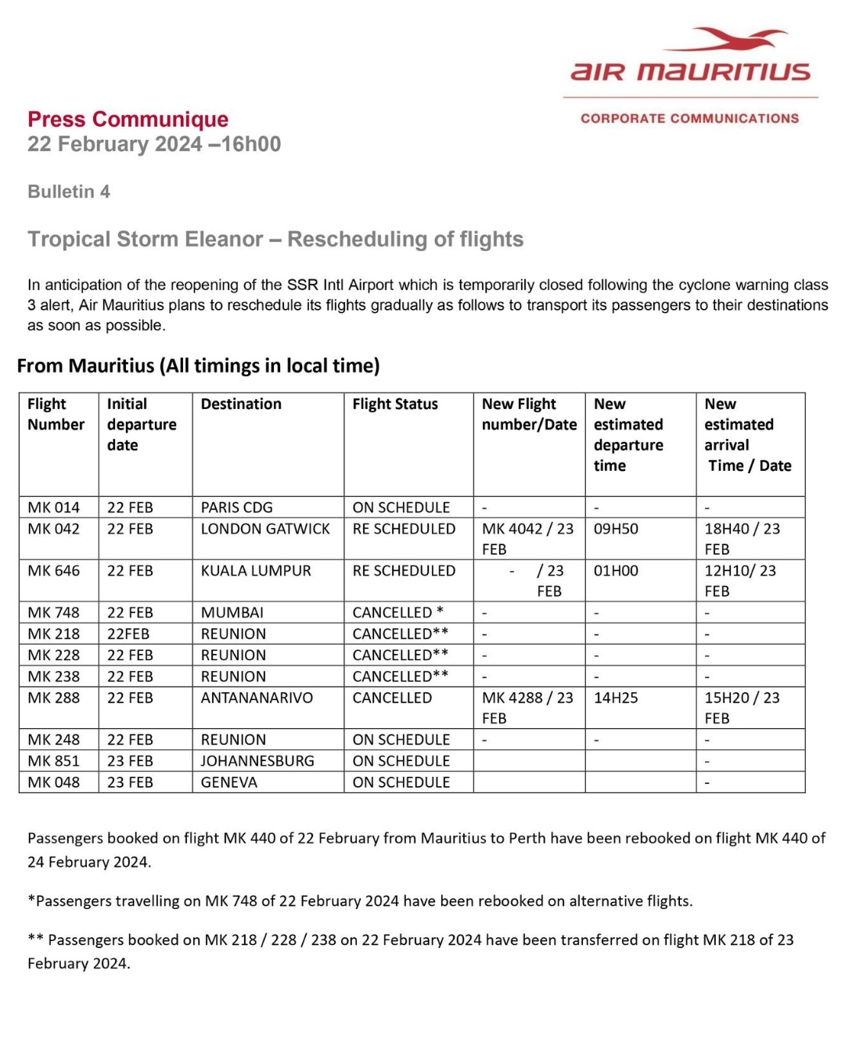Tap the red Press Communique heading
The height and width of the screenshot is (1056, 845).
(x=128, y=119)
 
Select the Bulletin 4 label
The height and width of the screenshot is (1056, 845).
(x=69, y=192)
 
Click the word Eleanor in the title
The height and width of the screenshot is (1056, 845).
(x=228, y=239)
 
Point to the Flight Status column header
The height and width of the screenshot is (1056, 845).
(x=394, y=404)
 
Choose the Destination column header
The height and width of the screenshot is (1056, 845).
(x=241, y=404)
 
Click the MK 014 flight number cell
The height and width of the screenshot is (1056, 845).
(x=53, y=508)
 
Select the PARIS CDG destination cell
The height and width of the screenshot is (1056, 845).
(x=236, y=508)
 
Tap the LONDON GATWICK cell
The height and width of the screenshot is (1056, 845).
(x=265, y=529)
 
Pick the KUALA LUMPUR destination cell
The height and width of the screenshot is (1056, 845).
(x=256, y=571)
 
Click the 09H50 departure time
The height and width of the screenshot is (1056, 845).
(x=616, y=529)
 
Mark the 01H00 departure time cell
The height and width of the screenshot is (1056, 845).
(x=616, y=571)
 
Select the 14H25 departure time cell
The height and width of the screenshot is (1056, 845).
(x=616, y=698)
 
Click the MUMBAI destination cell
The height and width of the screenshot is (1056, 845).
(x=232, y=612)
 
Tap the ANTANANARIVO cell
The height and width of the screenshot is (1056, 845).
(x=257, y=698)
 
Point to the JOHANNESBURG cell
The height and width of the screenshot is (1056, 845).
(x=257, y=761)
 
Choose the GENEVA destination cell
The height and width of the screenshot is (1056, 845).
(x=228, y=782)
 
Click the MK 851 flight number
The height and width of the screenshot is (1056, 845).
(x=53, y=761)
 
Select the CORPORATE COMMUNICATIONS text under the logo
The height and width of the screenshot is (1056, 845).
(x=689, y=119)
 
